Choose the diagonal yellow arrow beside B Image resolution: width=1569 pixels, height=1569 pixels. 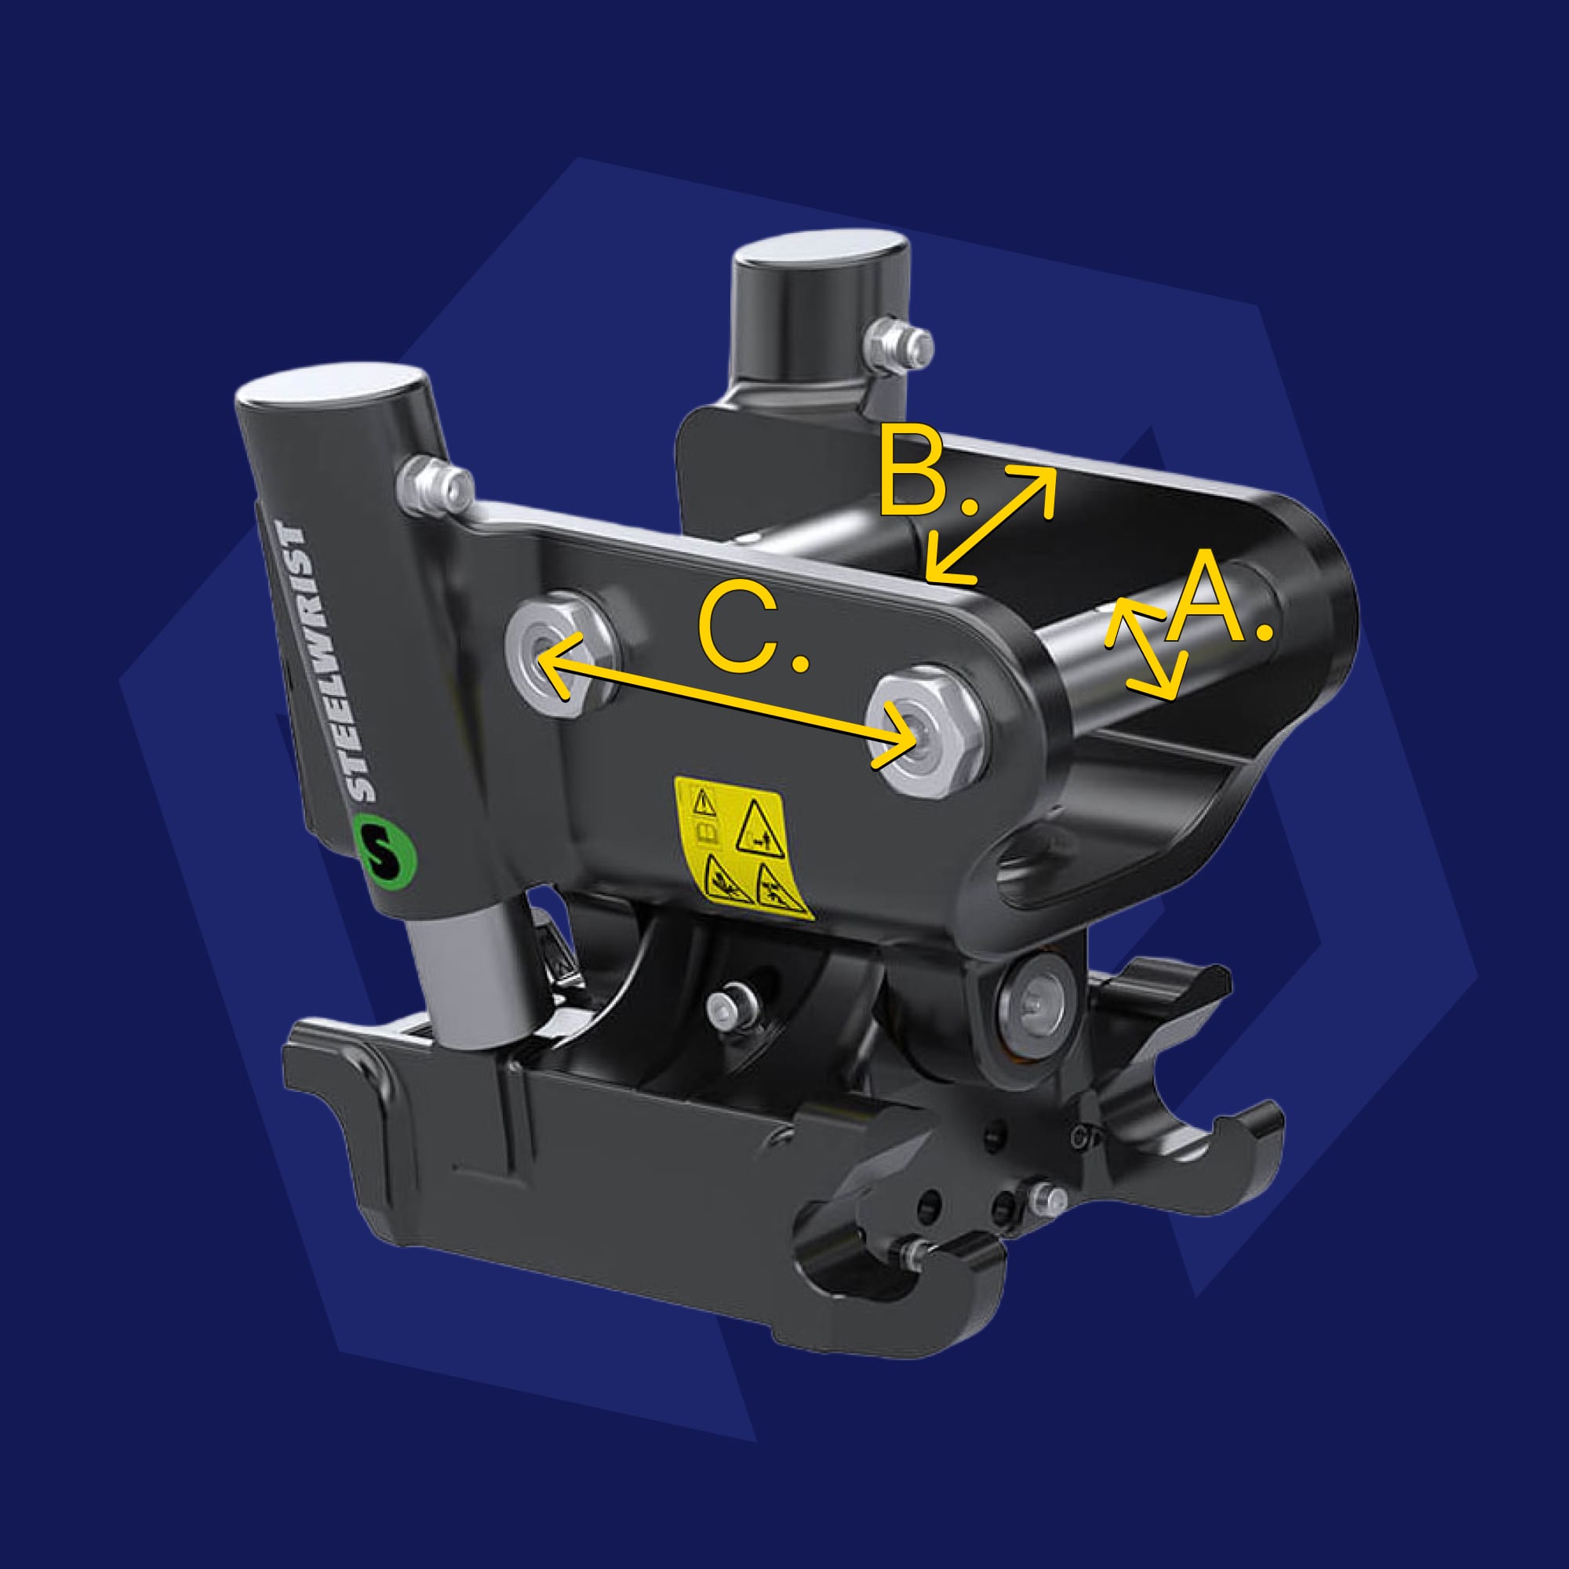(990, 525)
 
